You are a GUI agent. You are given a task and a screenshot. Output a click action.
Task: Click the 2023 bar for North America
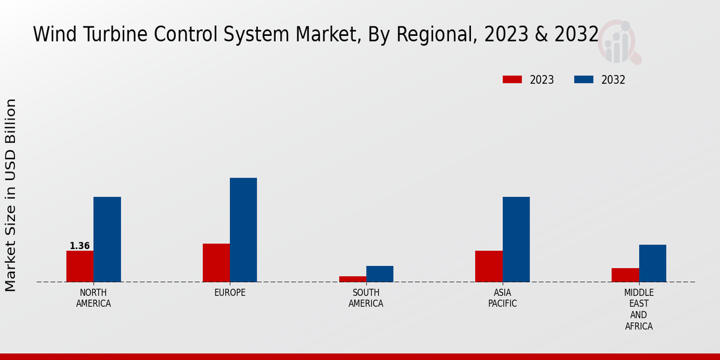point(80,266)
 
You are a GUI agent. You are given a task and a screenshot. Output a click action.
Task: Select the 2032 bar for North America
point(107,239)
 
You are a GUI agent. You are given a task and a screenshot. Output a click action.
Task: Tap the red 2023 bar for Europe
point(216,263)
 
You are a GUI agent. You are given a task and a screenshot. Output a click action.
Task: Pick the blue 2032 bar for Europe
point(243,230)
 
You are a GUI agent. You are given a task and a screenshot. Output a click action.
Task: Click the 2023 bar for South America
point(352,279)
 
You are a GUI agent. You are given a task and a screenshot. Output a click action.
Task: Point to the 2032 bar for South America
point(380,274)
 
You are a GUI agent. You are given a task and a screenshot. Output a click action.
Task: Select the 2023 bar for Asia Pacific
point(488,266)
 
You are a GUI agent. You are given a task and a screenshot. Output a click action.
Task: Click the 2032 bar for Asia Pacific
point(516,239)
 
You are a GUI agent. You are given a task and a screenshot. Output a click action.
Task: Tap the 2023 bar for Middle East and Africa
point(625,275)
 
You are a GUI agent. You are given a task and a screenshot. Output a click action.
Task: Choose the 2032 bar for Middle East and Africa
point(652,263)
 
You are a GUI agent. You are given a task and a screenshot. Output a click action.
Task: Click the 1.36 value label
point(80,246)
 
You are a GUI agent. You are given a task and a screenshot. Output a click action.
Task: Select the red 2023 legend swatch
point(512,80)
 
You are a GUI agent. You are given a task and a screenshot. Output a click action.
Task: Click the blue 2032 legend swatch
point(584,80)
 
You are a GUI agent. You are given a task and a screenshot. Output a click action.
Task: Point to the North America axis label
point(94,298)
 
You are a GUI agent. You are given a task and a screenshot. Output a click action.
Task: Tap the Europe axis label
point(230,293)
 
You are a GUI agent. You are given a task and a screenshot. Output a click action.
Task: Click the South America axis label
point(366,298)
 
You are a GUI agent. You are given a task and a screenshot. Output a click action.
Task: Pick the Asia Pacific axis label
point(502,298)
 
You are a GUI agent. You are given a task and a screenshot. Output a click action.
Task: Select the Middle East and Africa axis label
point(638,310)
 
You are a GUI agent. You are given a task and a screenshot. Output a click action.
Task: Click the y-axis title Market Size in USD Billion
point(11,195)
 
